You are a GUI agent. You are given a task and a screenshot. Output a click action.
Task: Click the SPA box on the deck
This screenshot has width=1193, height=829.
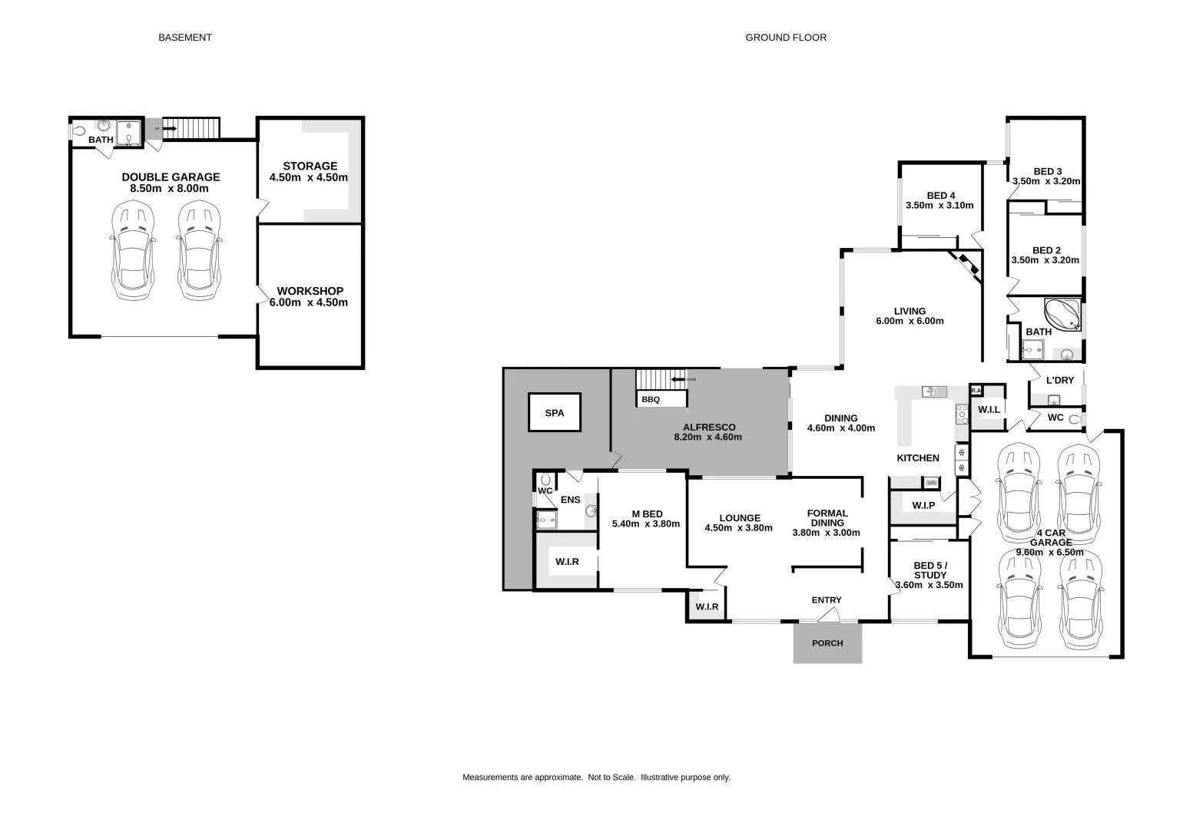(x=554, y=413)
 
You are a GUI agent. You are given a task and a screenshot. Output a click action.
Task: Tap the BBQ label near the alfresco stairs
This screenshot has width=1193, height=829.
(x=651, y=400)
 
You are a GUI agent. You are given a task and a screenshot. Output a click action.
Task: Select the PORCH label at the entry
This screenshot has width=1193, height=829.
(x=827, y=643)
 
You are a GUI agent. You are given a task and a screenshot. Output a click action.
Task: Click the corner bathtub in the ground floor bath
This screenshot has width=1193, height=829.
(x=1062, y=314)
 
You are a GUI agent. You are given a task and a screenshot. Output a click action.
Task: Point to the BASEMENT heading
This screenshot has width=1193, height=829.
(x=185, y=37)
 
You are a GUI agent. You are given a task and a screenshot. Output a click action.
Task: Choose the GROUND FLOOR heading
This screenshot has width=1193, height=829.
(x=786, y=37)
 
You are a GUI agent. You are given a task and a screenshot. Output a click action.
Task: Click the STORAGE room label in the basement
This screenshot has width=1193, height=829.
(x=310, y=166)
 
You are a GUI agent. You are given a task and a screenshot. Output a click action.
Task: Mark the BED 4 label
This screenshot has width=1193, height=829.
(x=940, y=195)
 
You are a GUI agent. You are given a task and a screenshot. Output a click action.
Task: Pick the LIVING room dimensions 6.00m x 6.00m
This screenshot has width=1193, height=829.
(x=910, y=321)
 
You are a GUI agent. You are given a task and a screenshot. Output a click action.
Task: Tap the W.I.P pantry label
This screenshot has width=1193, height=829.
(x=923, y=505)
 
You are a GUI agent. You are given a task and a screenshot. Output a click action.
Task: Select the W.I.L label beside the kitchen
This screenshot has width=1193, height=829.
(x=989, y=410)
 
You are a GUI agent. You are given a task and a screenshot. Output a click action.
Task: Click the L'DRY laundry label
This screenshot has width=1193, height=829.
(x=1060, y=380)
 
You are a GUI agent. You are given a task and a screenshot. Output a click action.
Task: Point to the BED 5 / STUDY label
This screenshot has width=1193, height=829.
(x=930, y=570)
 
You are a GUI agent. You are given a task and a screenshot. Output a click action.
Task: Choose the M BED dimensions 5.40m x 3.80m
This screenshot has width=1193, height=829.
(x=646, y=524)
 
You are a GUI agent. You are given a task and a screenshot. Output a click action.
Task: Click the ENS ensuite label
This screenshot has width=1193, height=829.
(x=571, y=500)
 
